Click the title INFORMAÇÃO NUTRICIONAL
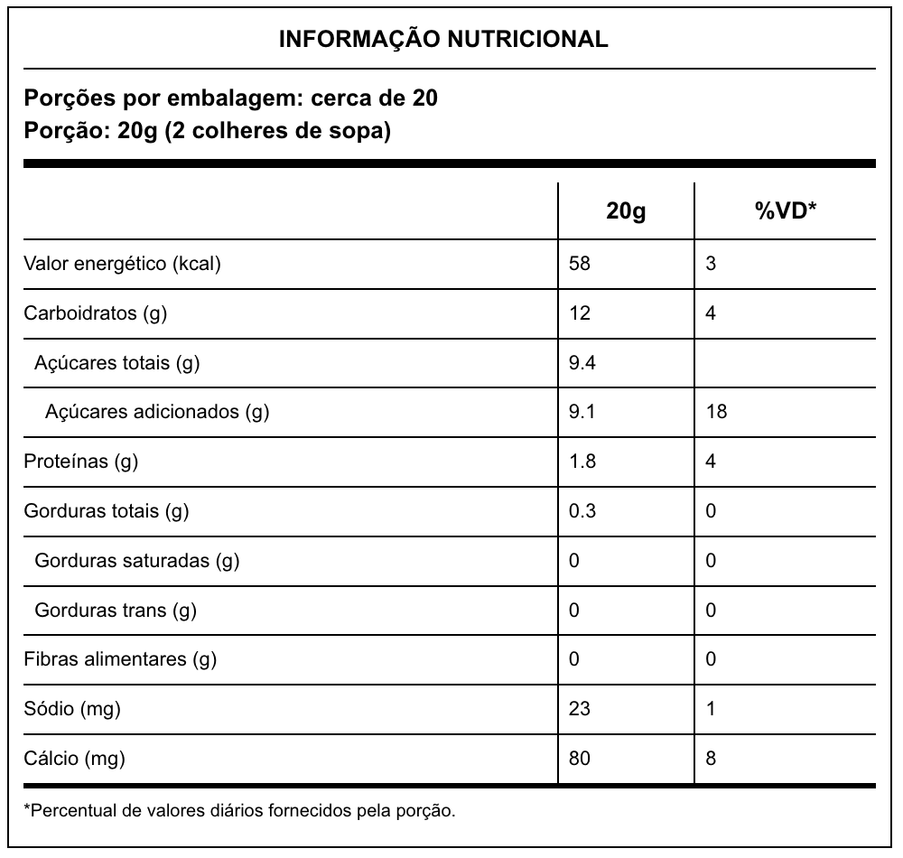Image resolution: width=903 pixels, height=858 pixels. [443, 39]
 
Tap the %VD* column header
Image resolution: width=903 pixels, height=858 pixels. [785, 211]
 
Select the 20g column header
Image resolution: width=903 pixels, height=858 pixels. [626, 211]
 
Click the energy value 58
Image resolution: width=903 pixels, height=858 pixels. [580, 265]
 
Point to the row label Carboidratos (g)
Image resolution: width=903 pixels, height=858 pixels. [96, 313]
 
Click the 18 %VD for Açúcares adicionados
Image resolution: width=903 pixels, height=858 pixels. [717, 413]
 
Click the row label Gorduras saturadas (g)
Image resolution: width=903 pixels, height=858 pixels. [136, 561]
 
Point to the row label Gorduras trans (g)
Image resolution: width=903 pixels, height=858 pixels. [116, 611]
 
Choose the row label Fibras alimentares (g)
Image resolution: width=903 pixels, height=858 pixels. [120, 659]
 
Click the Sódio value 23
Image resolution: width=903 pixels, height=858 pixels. [580, 709]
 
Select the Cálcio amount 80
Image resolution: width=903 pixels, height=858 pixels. [580, 758]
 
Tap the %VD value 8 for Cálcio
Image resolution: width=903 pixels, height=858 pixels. [712, 758]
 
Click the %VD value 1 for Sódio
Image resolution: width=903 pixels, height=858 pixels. [712, 709]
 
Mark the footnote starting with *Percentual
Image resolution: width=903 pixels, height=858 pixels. [239, 809]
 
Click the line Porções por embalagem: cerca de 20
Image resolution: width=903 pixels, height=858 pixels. [231, 98]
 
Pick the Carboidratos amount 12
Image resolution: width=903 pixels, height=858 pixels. [580, 313]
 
